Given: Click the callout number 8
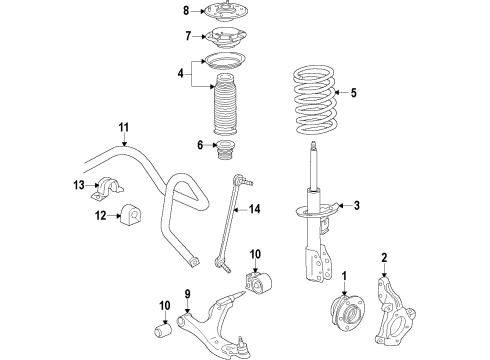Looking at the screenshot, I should coord(185,12).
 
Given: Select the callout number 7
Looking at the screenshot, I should coord(185,37).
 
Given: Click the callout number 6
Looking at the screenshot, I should coord(198,145).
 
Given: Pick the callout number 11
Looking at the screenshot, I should coord(123,128).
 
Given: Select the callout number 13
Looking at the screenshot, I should coord(77,185).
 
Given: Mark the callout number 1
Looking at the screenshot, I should coord(345,276).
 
